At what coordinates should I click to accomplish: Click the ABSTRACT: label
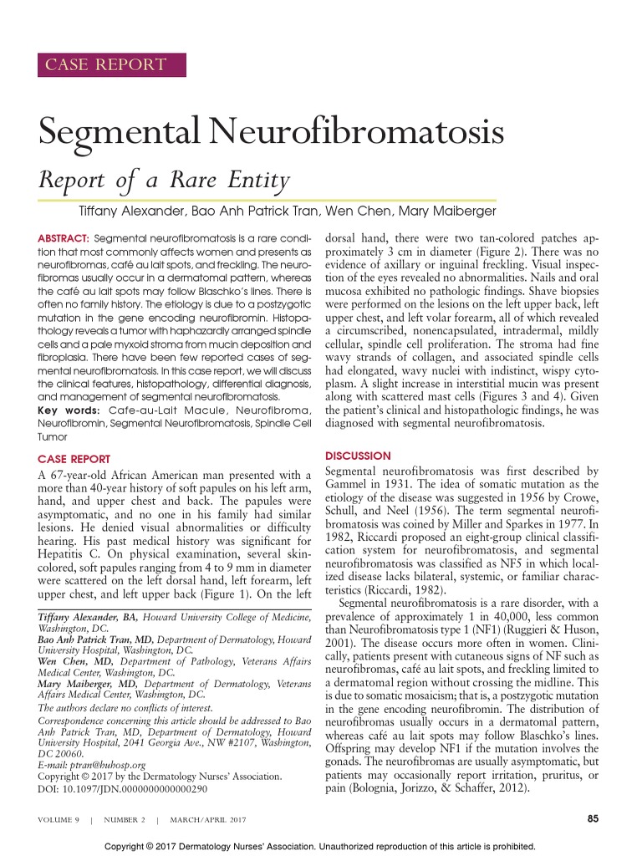click(64, 238)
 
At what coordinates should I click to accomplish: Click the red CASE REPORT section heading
click(74, 459)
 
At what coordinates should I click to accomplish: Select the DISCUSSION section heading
click(357, 456)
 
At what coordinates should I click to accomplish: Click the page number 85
click(594, 818)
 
